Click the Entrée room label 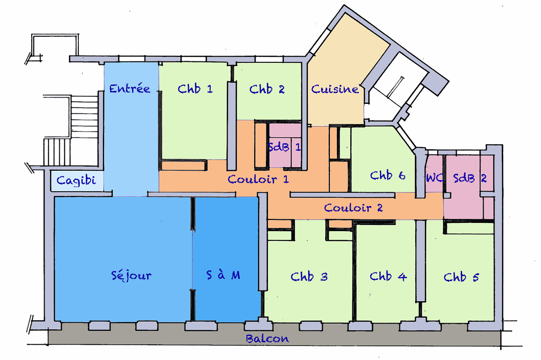pos(130,88)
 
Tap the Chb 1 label pos(195,88)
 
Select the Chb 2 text pos(267,89)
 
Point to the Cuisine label pos(335,88)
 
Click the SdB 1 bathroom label pos(284,147)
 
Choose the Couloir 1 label pos(258,179)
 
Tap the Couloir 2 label pos(353,208)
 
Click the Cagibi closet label pos(76,180)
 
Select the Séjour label pos(131,275)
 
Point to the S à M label pos(223,275)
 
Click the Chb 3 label pos(309,277)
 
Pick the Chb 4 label pos(388,276)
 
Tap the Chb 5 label pos(461,277)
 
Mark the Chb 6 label pos(388,175)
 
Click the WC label pos(434,178)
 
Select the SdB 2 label pos(469,178)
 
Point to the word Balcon pos(267,339)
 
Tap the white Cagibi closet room pos(77,181)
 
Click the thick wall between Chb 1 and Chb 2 pos(232,126)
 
